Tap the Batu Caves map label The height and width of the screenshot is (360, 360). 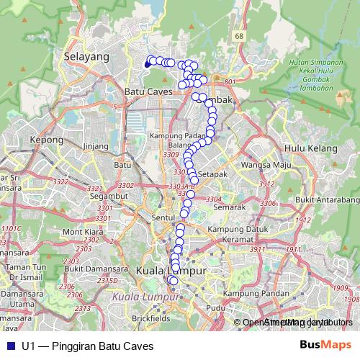tap(146, 92)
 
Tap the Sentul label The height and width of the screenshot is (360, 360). tap(163, 216)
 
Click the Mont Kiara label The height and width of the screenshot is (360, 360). tap(84, 232)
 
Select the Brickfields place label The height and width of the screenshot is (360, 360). tap(151, 317)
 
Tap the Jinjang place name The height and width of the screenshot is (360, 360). tap(95, 145)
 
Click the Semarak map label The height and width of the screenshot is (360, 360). tap(230, 207)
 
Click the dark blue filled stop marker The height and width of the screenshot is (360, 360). tap(148, 64)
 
